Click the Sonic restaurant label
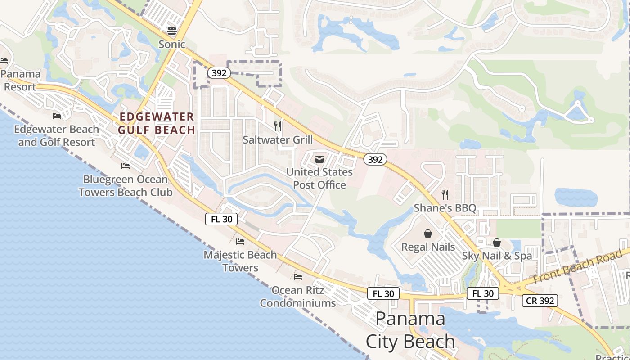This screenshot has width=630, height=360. point(171,44)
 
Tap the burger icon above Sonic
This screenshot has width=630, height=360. point(171,31)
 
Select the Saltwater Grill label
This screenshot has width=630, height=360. point(278,139)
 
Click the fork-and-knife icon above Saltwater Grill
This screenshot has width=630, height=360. point(278,126)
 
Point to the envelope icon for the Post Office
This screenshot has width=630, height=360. point(319,159)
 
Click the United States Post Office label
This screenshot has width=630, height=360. point(319,178)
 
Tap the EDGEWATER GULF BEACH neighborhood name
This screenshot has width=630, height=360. point(157,123)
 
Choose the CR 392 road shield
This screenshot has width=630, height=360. point(540,301)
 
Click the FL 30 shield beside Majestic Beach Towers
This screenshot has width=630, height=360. point(221,219)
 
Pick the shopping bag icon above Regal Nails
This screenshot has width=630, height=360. point(427,234)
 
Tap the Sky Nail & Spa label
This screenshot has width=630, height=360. point(497,256)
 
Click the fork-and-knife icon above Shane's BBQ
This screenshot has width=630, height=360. point(445,194)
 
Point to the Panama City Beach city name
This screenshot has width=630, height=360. point(410,330)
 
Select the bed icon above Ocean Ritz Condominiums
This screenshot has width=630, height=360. point(298,276)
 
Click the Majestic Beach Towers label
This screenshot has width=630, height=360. point(240,261)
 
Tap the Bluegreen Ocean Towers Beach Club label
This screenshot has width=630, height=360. point(126,185)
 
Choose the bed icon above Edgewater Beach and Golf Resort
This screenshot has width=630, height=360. point(57,116)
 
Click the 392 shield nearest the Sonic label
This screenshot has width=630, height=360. point(219,73)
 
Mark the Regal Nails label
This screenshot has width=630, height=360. point(428,247)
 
